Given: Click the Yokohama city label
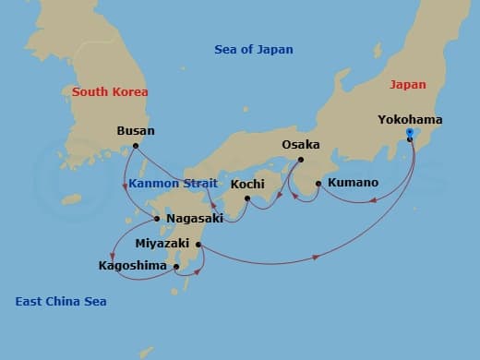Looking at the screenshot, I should pyautogui.click(x=410, y=120).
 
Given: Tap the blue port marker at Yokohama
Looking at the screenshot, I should pyautogui.click(x=410, y=138).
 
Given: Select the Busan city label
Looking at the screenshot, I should pyautogui.click(x=136, y=131).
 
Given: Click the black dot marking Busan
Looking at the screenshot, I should pyautogui.click(x=136, y=146).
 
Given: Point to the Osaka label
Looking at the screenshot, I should pyautogui.click(x=301, y=145).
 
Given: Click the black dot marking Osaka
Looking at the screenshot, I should pyautogui.click(x=301, y=160).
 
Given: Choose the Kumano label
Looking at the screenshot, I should pyautogui.click(x=353, y=183).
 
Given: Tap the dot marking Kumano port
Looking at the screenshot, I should pyautogui.click(x=318, y=184).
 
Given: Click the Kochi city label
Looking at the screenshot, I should pyautogui.click(x=247, y=184).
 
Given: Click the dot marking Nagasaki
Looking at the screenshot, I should pyautogui.click(x=157, y=219).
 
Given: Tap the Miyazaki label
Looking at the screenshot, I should pyautogui.click(x=163, y=245).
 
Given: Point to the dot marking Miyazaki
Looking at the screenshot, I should pyautogui.click(x=199, y=245).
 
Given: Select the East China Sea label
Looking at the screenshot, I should pyautogui.click(x=61, y=302).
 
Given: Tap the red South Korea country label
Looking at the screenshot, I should pyautogui.click(x=110, y=92).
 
